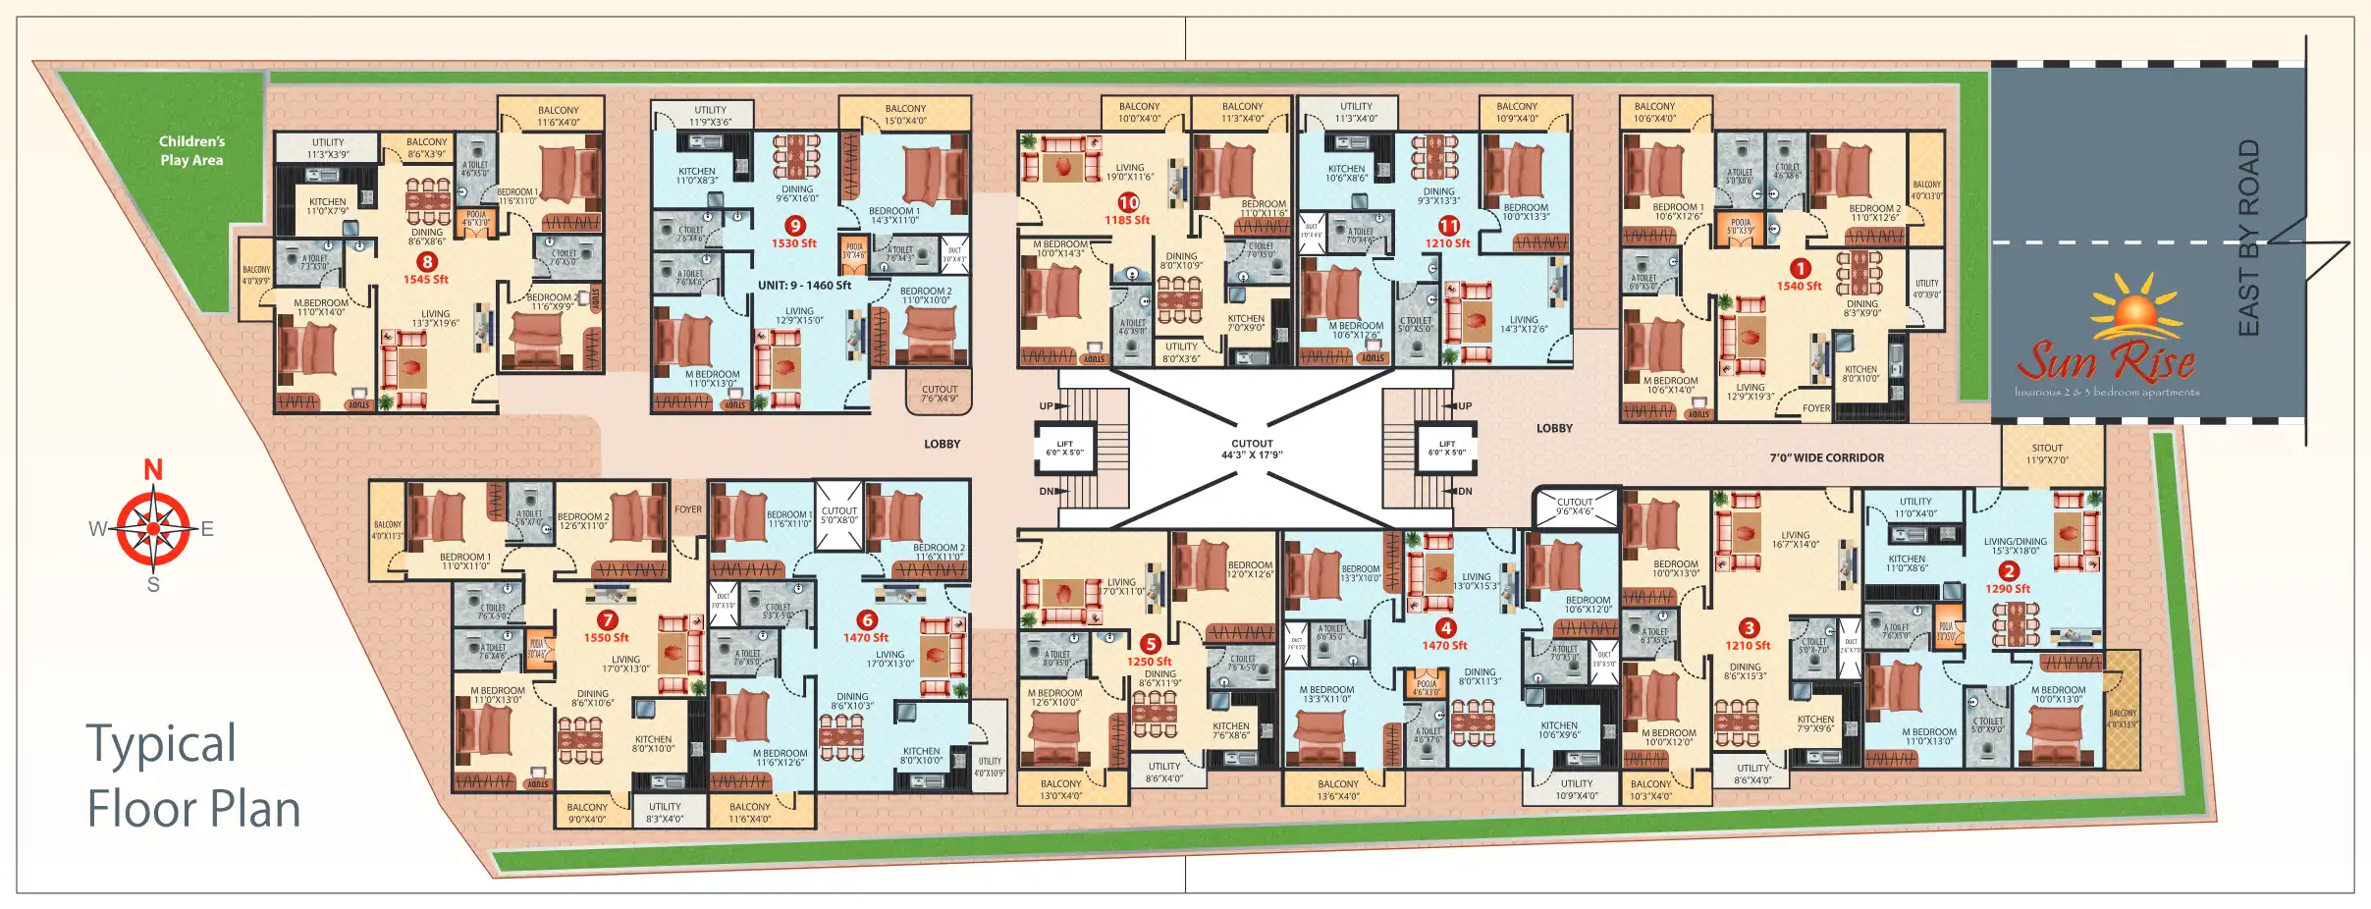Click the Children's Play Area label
pos(191,150)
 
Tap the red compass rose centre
pos(153,529)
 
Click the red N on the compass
pos(153,470)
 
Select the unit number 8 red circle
pos(426,262)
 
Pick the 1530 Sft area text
pos(793,243)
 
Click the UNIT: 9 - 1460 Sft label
pos(804,286)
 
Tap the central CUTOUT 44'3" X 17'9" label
pos(1252,449)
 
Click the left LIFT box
pos(1065,448)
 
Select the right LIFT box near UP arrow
pos(1446,448)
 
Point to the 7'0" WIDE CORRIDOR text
pos(1826,457)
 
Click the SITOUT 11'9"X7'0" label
pos(2047,454)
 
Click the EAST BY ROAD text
pos(2248,238)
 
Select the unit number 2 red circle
pos(2009,571)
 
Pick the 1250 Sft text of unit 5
pos(1149,662)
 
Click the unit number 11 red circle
pos(1449,226)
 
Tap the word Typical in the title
pos(161,744)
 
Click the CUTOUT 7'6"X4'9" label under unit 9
pos(939,394)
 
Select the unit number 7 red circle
pos(608,620)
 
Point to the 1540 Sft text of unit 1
pos(1799,287)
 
